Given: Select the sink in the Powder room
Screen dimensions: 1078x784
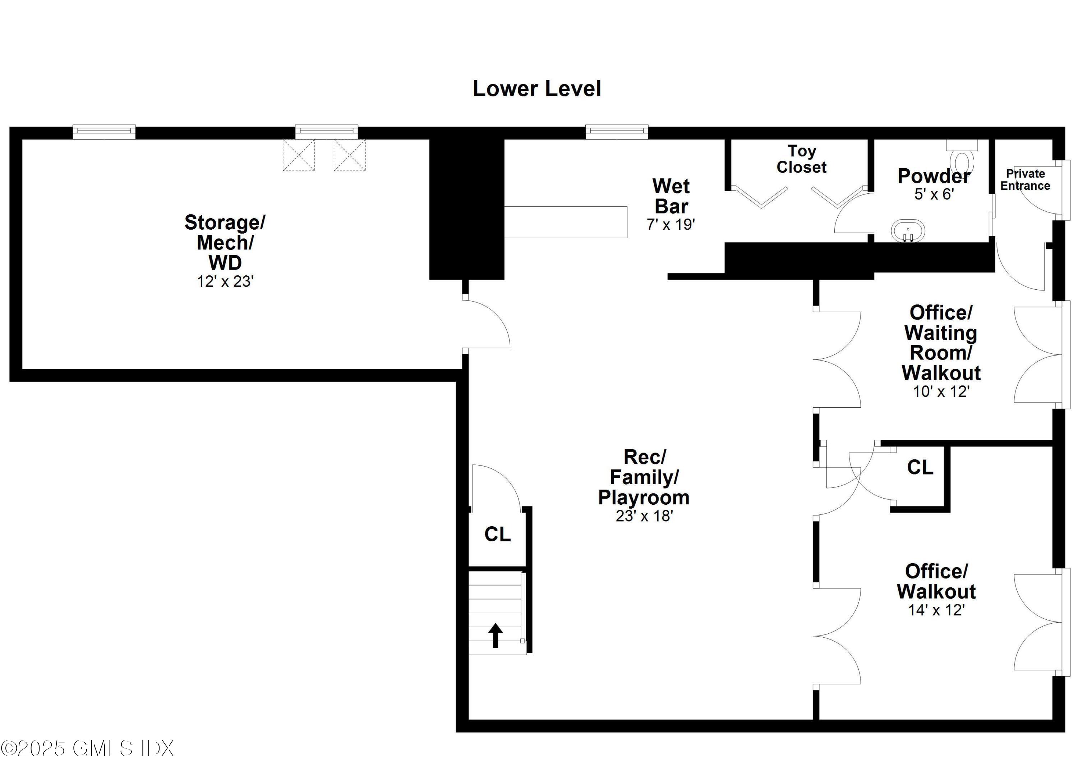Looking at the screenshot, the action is point(908,231).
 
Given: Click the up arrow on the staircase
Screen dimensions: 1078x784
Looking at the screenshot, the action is point(495,635).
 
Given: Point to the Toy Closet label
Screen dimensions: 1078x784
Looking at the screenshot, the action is point(801,159).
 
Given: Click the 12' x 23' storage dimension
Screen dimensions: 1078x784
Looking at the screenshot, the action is point(225,281).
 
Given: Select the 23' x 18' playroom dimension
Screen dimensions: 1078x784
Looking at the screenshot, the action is point(644,516).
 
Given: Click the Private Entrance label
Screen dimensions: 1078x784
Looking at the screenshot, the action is point(1025,180).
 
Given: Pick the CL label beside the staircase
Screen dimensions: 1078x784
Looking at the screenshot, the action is point(497,535).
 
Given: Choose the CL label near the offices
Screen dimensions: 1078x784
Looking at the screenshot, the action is point(920,467).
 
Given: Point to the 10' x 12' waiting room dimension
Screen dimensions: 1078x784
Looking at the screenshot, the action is point(941,391).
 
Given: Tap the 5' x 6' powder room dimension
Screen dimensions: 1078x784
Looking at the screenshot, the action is point(934,194).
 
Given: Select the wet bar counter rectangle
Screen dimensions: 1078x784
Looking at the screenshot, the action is point(566,222).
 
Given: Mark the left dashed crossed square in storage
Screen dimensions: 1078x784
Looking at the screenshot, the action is point(299,155).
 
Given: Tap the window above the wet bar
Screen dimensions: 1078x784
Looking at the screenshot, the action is point(617,131).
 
